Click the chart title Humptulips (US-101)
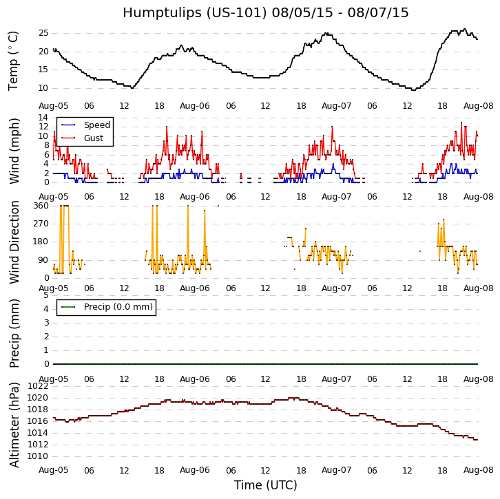pyautogui.click(x=265, y=13)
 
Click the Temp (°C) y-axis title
pyautogui.click(x=14, y=61)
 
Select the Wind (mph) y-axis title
pyautogui.click(x=14, y=150)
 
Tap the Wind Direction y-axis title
pyautogui.click(x=14, y=242)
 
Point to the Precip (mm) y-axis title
pyautogui.click(x=14, y=332)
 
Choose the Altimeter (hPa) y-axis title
pyautogui.click(x=14, y=425)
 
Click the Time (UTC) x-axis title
pyautogui.click(x=265, y=485)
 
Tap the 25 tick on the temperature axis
pyautogui.click(x=43, y=33)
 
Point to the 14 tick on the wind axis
pyautogui.click(x=43, y=118)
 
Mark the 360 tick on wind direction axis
pyautogui.click(x=40, y=206)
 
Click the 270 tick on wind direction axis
pyautogui.click(x=40, y=224)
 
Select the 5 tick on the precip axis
pyautogui.click(x=45, y=295)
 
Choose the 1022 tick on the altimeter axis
pyautogui.click(x=37, y=386)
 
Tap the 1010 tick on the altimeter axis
pyautogui.click(x=37, y=456)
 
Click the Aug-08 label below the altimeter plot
pyautogui.click(x=478, y=470)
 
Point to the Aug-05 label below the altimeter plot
pyautogui.click(x=53, y=470)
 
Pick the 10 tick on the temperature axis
pyautogui.click(x=43, y=88)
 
